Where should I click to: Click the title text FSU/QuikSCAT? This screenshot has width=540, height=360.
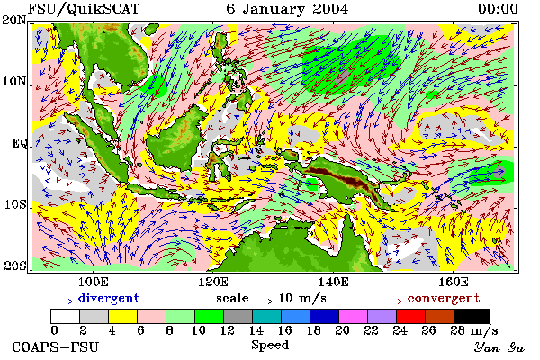point(84,9)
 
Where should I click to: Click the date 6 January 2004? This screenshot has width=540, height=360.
point(287,9)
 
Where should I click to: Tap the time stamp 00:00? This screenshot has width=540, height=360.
point(498,9)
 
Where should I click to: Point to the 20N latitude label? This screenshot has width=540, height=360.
point(14,20)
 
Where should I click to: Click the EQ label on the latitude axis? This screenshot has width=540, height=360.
point(19,143)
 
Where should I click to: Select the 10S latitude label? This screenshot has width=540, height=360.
point(15,204)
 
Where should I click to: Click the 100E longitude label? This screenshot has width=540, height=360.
point(94,282)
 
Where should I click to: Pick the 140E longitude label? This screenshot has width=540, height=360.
point(333,282)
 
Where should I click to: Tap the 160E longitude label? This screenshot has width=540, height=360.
point(454,282)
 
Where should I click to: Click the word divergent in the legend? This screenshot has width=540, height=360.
point(109,298)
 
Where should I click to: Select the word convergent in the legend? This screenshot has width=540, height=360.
point(444,298)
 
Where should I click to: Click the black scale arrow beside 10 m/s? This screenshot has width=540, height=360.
point(264,301)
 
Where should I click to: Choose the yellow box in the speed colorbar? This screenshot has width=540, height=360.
point(122,316)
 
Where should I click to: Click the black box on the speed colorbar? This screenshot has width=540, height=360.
point(472,316)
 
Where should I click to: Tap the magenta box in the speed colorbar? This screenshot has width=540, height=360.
point(354,316)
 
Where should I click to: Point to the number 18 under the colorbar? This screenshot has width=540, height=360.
point(313,331)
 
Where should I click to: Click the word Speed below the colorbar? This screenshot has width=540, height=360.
point(270,346)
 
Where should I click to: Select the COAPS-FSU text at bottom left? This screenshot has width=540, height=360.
point(56,346)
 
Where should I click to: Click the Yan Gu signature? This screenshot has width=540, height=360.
point(499,347)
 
